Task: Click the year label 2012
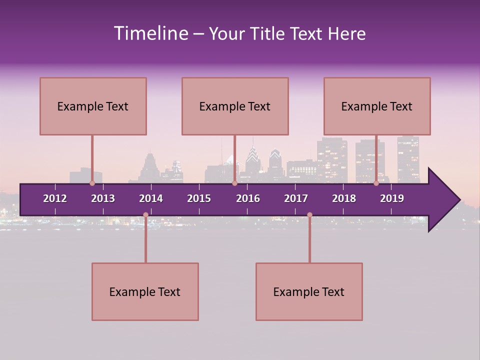click(x=55, y=198)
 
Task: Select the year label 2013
click(x=103, y=198)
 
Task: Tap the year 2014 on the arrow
click(x=151, y=198)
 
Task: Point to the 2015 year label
click(x=199, y=198)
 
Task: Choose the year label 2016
click(x=248, y=198)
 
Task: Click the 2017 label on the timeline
click(x=296, y=198)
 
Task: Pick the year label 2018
click(x=344, y=198)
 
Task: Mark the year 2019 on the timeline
click(x=392, y=198)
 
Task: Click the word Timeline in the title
click(x=150, y=33)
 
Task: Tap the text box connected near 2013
click(x=93, y=106)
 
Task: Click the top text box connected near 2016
click(x=235, y=106)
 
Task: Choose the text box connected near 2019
click(x=377, y=106)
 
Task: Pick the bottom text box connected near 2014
click(x=145, y=291)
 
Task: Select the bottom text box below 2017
click(x=309, y=291)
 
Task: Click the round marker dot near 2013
click(x=92, y=183)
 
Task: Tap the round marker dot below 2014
click(x=145, y=214)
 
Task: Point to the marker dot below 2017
click(x=309, y=214)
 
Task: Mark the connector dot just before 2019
click(x=376, y=183)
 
